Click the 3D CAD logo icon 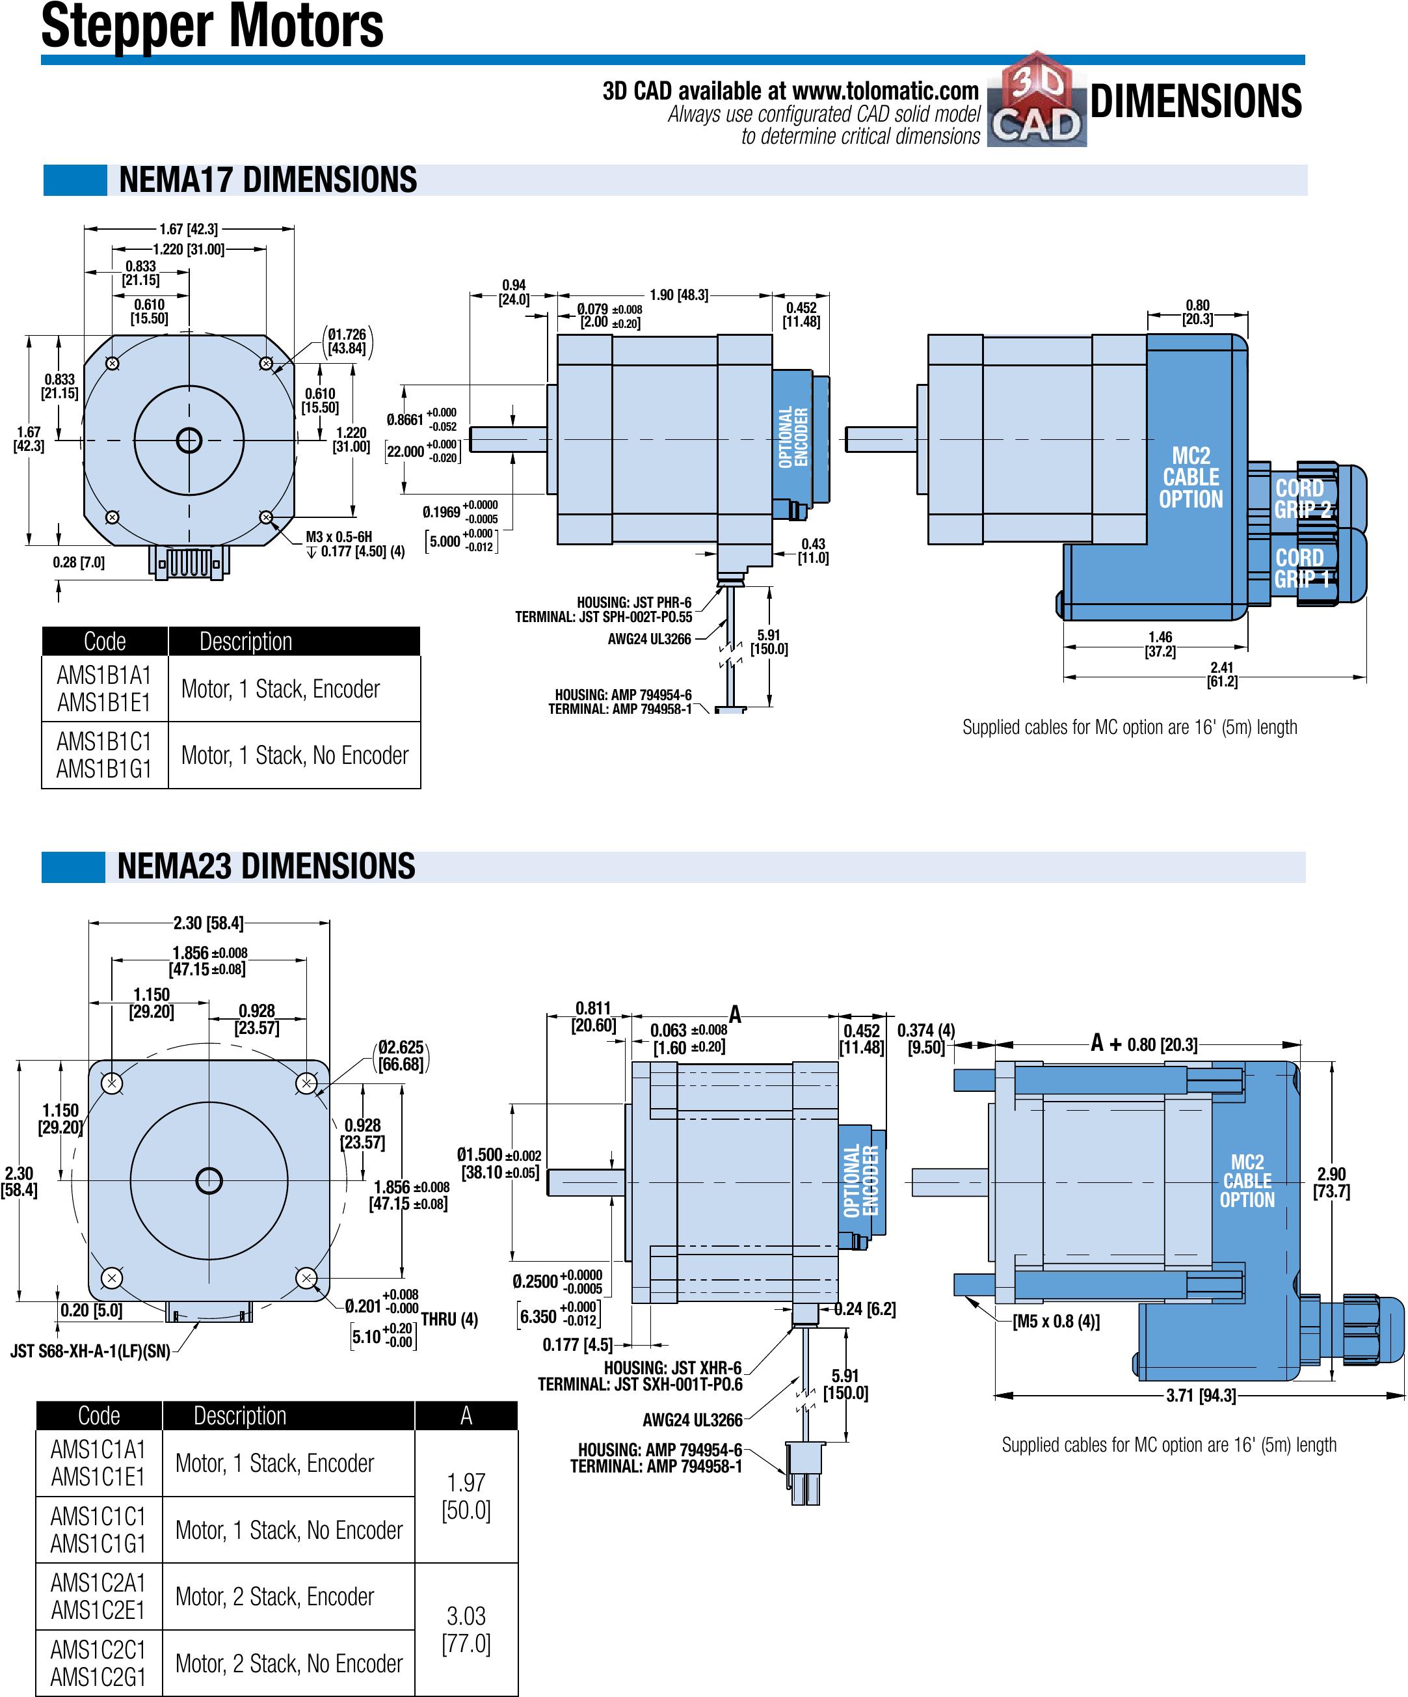click(1037, 100)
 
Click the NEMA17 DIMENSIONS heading click(267, 180)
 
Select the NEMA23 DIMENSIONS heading click(266, 866)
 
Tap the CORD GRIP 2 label click(1301, 498)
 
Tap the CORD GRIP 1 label click(1301, 568)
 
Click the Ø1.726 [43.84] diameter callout click(347, 341)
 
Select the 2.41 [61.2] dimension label click(1221, 674)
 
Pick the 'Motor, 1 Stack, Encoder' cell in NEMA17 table click(280, 688)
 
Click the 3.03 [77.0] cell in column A click(466, 1629)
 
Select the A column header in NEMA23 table click(466, 1416)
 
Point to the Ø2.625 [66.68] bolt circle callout click(401, 1055)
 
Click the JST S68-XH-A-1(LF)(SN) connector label click(90, 1351)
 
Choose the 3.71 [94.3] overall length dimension click(1201, 1396)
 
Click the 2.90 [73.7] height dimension click(1331, 1182)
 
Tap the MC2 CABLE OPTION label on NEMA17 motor click(1191, 478)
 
